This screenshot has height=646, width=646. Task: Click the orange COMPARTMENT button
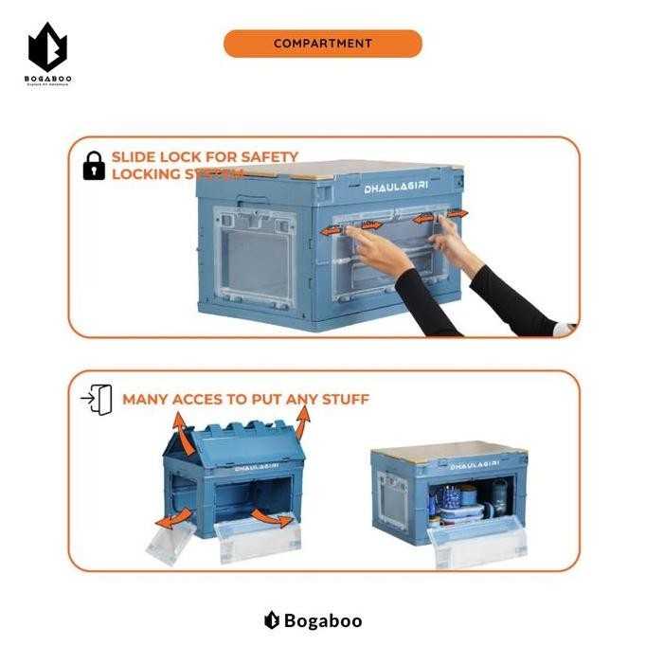(x=322, y=44)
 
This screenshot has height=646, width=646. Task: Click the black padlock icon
(x=94, y=167)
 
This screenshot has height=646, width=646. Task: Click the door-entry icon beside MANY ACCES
(x=98, y=399)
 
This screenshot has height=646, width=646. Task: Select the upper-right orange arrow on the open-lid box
(x=301, y=420)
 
